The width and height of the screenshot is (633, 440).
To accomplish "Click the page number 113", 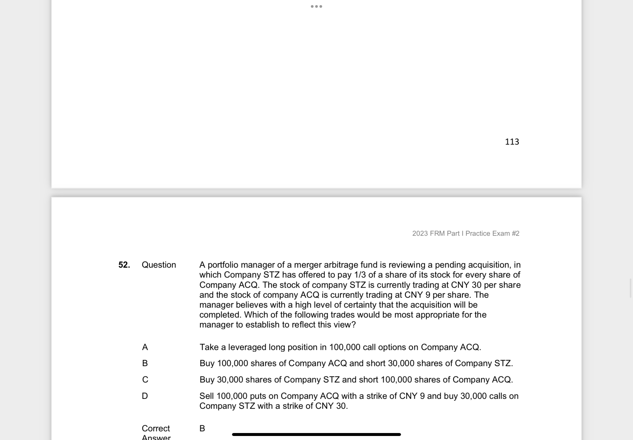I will [x=512, y=142].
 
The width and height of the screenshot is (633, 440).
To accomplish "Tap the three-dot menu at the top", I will [x=316, y=6].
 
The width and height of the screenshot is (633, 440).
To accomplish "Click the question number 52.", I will [x=124, y=265].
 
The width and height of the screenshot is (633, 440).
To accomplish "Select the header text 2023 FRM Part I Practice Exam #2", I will [x=465, y=233].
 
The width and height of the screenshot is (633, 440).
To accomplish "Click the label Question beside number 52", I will [x=159, y=265].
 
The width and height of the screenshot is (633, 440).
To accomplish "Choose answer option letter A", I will [x=145, y=347].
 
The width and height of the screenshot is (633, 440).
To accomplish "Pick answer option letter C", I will [x=145, y=380].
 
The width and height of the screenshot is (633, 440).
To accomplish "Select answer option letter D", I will [x=145, y=396].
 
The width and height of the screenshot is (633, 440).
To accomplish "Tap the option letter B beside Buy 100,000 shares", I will [x=145, y=363].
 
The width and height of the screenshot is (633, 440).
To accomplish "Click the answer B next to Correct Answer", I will [x=202, y=428].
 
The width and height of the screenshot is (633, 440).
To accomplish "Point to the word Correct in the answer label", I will [x=156, y=428].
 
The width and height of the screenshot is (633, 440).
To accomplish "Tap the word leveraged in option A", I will [x=247, y=347].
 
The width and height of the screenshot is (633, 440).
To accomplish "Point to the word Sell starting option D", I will [x=207, y=396].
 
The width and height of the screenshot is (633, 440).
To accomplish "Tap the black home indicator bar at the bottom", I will [x=316, y=434].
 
